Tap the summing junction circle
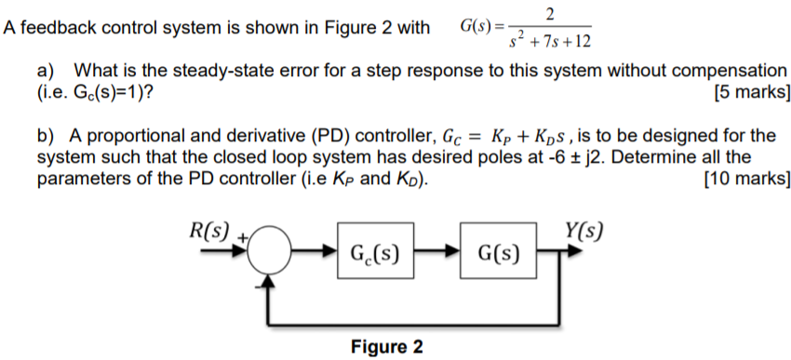[271, 252]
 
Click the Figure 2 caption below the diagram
[386, 347]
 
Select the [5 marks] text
[750, 92]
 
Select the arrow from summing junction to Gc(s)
[315, 252]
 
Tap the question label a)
[47, 71]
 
